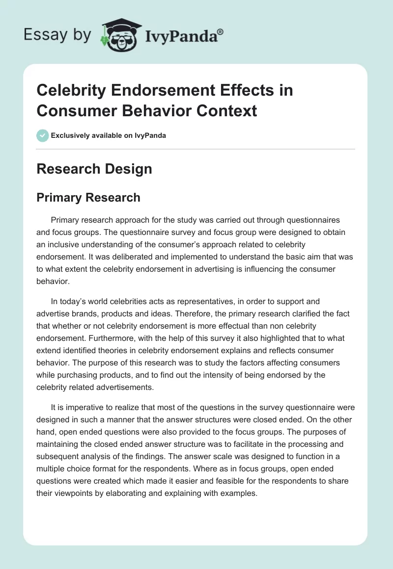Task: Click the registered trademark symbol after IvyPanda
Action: (x=220, y=31)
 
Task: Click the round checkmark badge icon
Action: (x=43, y=135)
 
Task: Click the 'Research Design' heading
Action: (x=94, y=169)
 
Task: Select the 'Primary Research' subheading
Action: (x=88, y=197)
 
